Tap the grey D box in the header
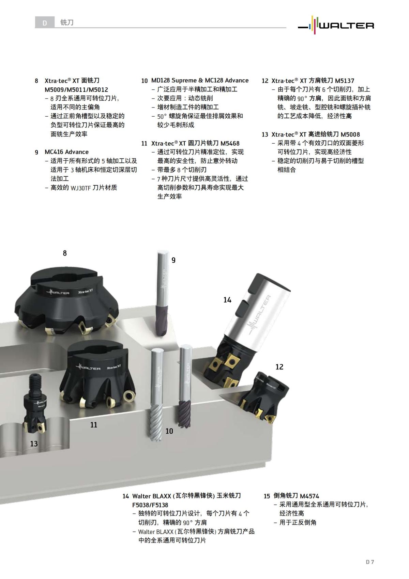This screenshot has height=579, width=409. coord(45,23)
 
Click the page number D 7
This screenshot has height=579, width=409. coord(370,562)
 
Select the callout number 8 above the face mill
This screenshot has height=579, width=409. coord(65,253)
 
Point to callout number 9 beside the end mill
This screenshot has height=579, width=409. coord(173,260)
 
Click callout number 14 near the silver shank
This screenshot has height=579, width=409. coord(227,300)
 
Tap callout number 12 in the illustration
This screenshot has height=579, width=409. coord(279,367)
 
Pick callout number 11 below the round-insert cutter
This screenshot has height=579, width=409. coord(94,425)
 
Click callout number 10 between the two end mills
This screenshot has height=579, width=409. coord(169,431)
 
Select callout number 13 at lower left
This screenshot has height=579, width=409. coord(34,444)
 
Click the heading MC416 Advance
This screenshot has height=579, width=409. coord(66,152)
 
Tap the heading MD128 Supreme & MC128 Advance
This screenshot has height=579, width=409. coord(200,81)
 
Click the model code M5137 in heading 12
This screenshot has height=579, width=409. coord(345,81)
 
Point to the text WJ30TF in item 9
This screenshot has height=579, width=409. coord(81,188)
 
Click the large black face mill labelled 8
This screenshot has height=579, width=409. coord(66,300)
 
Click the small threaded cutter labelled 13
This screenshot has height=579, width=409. coord(34,406)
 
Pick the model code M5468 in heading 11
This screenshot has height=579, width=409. coord(230,143)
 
